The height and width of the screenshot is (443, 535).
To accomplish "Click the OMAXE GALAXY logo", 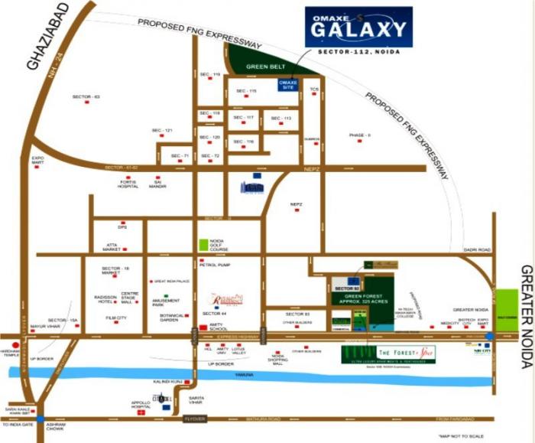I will point(358,27).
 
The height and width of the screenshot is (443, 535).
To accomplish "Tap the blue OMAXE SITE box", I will point(288,84).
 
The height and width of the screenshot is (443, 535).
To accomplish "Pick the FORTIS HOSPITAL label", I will point(128,184).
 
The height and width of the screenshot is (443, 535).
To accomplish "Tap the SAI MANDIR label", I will point(157,184).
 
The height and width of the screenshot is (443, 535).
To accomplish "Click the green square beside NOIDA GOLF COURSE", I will point(203,245).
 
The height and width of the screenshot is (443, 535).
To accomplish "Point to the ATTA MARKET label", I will point(112,248).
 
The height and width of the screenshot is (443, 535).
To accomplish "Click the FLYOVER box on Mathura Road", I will point(195,419).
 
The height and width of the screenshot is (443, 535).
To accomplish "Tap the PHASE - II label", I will point(359,135).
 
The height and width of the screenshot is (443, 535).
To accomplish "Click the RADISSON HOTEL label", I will point(104,299).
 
